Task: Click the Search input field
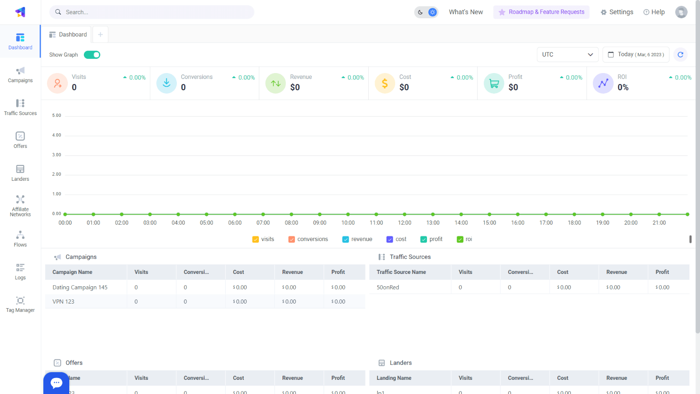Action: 155,12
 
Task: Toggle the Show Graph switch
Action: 92,55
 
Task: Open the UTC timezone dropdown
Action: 567,55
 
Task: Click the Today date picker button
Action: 636,55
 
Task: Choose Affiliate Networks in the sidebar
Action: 21,205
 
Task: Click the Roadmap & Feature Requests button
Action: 541,12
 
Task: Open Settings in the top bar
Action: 617,12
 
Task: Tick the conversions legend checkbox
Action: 292,240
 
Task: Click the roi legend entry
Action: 464,240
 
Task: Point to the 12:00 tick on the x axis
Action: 405,223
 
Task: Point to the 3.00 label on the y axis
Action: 57,155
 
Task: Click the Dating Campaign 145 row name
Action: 80,288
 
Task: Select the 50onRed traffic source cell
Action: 388,288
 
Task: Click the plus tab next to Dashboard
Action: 100,35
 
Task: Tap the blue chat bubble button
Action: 57,383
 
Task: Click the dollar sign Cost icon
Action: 385,84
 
